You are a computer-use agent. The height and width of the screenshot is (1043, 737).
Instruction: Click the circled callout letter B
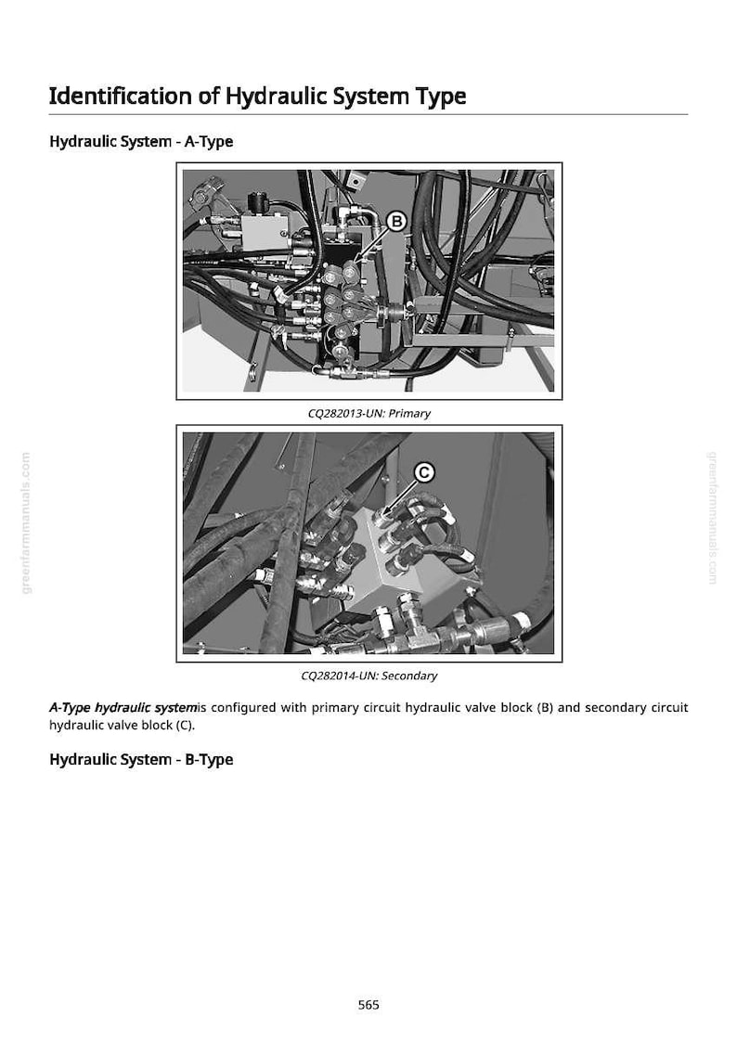[396, 221]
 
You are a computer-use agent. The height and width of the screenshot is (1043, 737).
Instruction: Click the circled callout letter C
[424, 472]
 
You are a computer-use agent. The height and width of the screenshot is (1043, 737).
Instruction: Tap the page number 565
[368, 1004]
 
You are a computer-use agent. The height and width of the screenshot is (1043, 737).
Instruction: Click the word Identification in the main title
[121, 96]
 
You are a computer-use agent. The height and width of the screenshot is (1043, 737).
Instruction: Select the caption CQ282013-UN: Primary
[369, 413]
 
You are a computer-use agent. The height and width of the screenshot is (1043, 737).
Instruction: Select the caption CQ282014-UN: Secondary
[369, 676]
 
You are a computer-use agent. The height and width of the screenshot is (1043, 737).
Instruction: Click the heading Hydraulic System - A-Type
[141, 142]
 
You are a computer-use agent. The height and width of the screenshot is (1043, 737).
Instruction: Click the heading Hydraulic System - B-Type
[141, 760]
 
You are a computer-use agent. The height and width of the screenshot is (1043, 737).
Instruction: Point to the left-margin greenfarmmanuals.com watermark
[26, 522]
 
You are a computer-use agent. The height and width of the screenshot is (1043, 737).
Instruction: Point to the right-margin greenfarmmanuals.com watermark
[712, 518]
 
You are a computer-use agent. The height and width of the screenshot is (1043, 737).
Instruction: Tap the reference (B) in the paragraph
[545, 707]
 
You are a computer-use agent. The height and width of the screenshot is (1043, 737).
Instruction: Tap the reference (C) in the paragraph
[185, 725]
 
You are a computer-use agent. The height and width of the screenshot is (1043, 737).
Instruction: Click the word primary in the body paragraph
[334, 708]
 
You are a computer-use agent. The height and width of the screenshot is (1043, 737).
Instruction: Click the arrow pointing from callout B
[372, 243]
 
